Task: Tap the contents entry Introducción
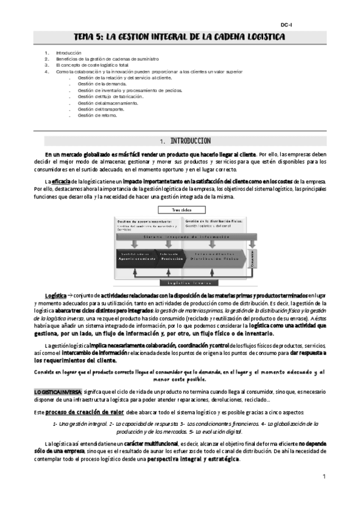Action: [69, 53]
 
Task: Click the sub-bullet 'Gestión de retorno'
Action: [97, 115]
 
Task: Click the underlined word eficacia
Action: [60, 182]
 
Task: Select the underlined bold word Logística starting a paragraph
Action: [56, 296]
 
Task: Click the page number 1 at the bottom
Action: [323, 477]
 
